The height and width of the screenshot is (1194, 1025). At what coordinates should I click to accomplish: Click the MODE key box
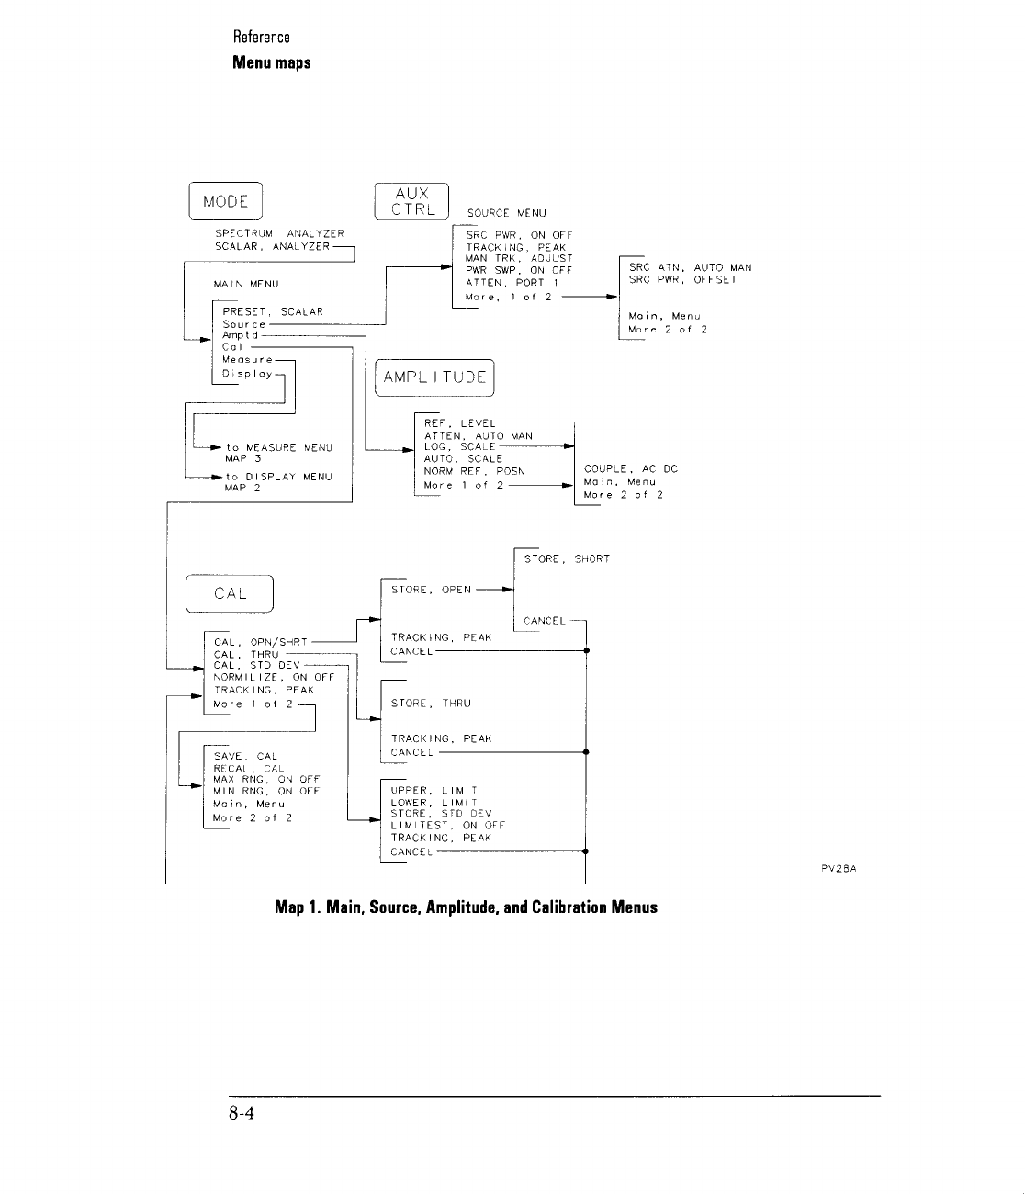226,202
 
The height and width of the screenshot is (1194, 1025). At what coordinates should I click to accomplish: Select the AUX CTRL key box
411,201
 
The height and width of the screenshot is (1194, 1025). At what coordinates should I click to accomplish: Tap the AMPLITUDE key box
435,377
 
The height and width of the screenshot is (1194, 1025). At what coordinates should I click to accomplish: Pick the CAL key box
230,593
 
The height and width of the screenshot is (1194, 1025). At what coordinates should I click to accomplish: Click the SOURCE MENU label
506,213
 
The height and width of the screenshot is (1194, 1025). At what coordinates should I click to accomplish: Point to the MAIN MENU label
246,285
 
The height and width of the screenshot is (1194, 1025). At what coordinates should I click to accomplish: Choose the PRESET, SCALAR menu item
273,311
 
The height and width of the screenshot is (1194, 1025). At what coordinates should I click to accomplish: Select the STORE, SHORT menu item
567,558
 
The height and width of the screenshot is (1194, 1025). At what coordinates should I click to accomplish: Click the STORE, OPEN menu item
431,590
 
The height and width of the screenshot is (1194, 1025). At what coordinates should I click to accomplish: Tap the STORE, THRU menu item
431,704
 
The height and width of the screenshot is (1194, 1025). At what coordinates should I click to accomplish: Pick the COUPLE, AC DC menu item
630,469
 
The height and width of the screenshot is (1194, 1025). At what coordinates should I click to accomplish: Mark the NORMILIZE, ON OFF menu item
274,677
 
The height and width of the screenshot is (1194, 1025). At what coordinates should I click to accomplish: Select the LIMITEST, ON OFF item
447,826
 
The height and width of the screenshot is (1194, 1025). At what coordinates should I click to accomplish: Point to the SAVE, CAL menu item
245,757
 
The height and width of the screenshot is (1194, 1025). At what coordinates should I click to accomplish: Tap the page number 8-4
242,1114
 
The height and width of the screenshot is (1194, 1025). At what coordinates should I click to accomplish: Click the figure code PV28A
839,866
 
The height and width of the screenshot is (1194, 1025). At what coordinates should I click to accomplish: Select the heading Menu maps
271,62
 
